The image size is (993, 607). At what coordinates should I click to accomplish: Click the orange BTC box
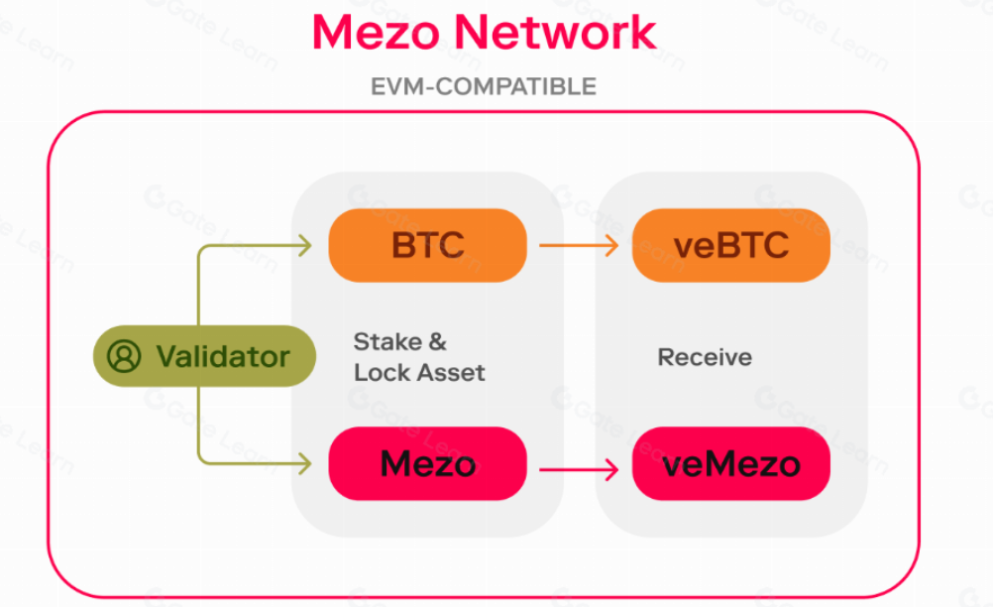click(x=427, y=245)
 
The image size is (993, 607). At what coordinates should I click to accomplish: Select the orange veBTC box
click(x=730, y=245)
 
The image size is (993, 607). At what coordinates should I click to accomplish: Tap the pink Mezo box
click(x=427, y=463)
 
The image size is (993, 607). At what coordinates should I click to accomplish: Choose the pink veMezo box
click(x=730, y=463)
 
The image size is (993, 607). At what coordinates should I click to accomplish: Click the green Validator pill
click(x=204, y=356)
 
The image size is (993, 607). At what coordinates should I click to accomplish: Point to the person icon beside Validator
click(x=124, y=356)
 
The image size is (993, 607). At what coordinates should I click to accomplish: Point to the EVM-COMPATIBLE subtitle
click(x=484, y=86)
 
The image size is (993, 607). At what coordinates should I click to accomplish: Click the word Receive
click(x=705, y=357)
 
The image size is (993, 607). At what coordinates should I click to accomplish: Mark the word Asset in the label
click(x=452, y=373)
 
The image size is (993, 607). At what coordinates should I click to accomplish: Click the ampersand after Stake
click(x=437, y=342)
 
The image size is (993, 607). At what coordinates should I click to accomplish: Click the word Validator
click(x=223, y=356)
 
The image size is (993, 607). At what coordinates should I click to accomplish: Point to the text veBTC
click(x=730, y=245)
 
